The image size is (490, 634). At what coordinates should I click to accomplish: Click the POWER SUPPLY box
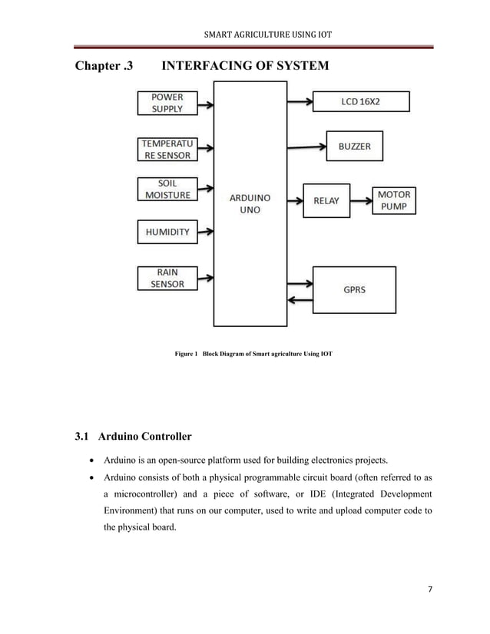point(167,103)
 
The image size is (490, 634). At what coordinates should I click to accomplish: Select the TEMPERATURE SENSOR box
point(167,149)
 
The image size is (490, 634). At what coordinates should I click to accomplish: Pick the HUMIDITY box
point(167,232)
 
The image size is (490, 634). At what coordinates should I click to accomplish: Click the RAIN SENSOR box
point(167,278)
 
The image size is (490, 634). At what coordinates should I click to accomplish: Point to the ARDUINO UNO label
point(250,203)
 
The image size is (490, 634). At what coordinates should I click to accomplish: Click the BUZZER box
point(354,146)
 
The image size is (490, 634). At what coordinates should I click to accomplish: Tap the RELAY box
point(326,200)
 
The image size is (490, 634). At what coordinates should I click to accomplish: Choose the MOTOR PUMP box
point(394,200)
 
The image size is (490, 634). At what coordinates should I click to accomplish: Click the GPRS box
point(354,290)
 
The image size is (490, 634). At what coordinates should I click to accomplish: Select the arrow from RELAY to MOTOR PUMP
point(361,201)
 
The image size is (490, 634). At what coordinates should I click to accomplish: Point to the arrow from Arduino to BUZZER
point(306,146)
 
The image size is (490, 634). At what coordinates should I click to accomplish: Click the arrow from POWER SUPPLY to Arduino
point(205,104)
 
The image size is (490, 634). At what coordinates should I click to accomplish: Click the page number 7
point(430,589)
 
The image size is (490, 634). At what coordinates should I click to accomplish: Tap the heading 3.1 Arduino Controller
point(133,437)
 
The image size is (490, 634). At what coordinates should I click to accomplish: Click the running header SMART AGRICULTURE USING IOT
point(267,35)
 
